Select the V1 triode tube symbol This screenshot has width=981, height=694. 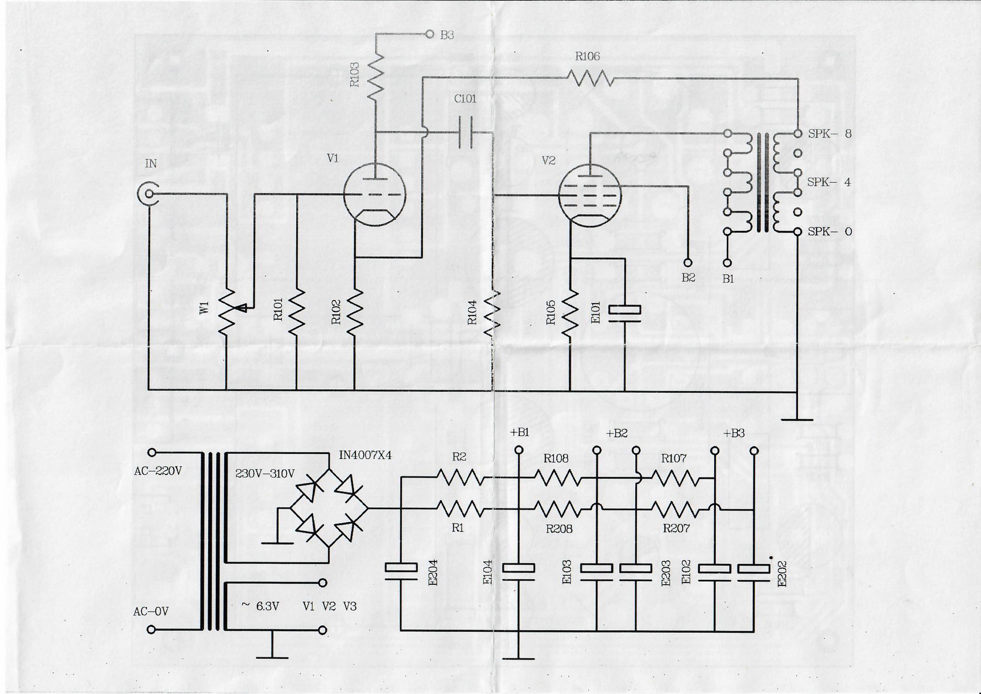pos(375,195)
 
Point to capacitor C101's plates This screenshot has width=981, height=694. pos(465,133)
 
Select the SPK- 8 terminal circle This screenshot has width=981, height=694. pos(797,134)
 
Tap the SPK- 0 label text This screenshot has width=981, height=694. pos(830,232)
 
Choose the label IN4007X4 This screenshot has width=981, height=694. pos(365,456)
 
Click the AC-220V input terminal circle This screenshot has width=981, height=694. pos(151,452)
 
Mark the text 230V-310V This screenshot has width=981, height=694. pos(265,474)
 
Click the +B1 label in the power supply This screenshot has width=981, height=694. pos(519,433)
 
